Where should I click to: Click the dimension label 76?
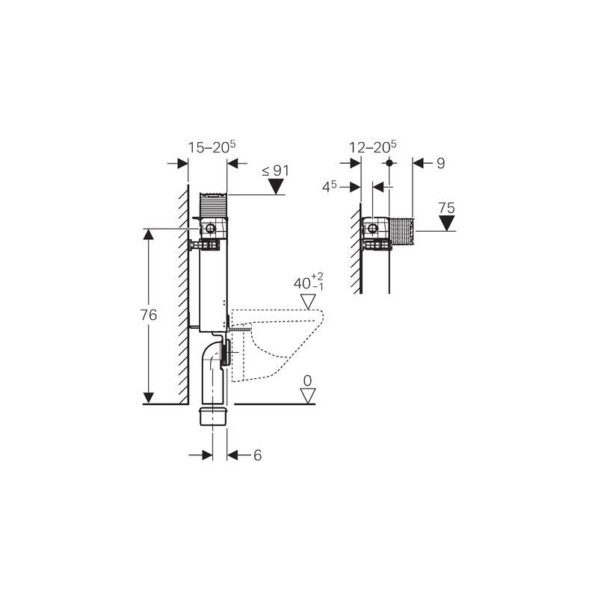pos(148,315)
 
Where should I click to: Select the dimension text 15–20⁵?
pos(212,147)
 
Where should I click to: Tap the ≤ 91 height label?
pos(275,171)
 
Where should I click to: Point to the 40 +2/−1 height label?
pos(309,282)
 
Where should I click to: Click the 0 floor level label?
pos(307,380)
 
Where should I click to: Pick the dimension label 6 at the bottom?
pos(258,455)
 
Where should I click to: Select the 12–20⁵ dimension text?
pos(373,147)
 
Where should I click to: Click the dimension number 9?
pos(441,163)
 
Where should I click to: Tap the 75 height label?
pos(446,209)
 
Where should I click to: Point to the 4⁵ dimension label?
pos(330,187)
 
